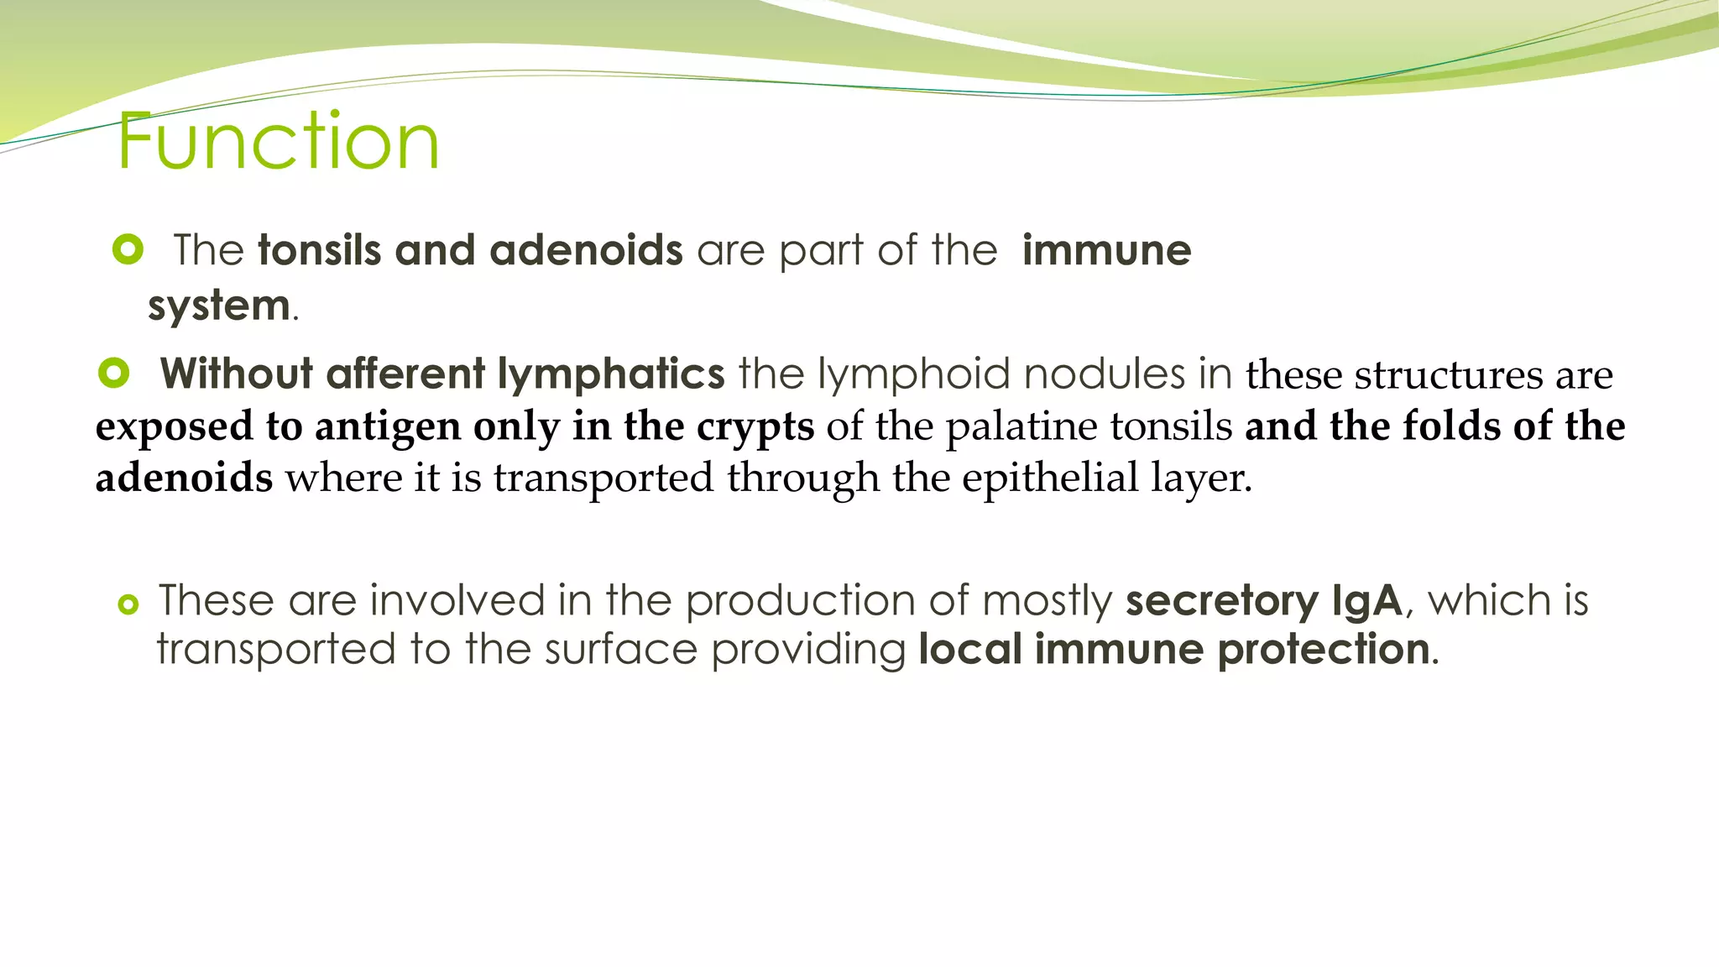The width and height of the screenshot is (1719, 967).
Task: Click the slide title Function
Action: pyautogui.click(x=278, y=141)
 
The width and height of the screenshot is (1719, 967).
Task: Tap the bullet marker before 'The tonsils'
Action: pyautogui.click(x=128, y=249)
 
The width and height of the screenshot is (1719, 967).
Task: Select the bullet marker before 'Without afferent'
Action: pyautogui.click(x=113, y=373)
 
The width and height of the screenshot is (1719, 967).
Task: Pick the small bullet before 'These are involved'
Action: pyautogui.click(x=128, y=604)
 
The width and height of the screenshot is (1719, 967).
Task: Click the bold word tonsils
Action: pyautogui.click(x=319, y=250)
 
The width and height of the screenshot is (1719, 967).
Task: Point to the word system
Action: pyautogui.click(x=219, y=305)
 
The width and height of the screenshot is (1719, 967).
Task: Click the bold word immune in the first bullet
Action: pyautogui.click(x=1106, y=250)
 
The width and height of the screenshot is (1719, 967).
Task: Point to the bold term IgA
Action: pyautogui.click(x=1366, y=601)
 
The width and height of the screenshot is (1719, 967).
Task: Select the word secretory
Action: pyautogui.click(x=1221, y=601)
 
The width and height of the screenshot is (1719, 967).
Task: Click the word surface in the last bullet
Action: pyautogui.click(x=621, y=650)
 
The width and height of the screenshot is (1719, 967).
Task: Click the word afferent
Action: pyautogui.click(x=405, y=374)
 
